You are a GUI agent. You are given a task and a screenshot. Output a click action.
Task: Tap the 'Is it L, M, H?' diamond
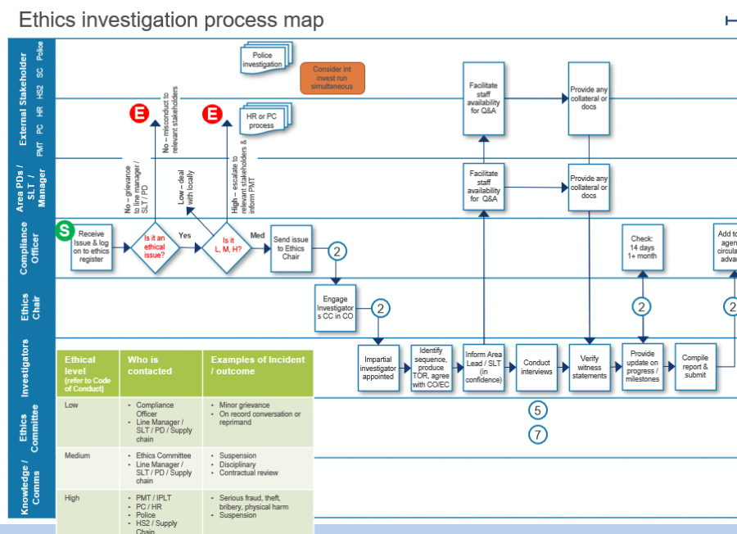tap(227, 245)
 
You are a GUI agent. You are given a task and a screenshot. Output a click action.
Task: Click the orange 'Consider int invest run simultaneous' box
tap(332, 79)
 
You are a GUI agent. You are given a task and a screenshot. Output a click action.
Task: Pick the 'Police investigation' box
tap(263, 59)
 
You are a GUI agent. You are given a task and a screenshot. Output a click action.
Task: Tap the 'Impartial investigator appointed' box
tap(378, 368)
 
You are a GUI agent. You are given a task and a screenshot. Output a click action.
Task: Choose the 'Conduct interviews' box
tap(536, 367)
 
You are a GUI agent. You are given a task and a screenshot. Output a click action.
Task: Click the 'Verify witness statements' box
tap(590, 367)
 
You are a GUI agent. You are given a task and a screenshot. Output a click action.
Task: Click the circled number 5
tap(537, 410)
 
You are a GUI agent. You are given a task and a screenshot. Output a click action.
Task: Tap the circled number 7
tap(537, 435)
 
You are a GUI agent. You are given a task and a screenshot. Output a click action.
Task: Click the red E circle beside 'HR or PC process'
tap(212, 114)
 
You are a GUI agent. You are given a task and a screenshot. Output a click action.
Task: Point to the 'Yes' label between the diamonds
tap(185, 236)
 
